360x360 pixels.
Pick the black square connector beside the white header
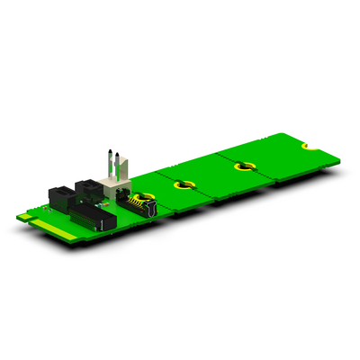[90, 189]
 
